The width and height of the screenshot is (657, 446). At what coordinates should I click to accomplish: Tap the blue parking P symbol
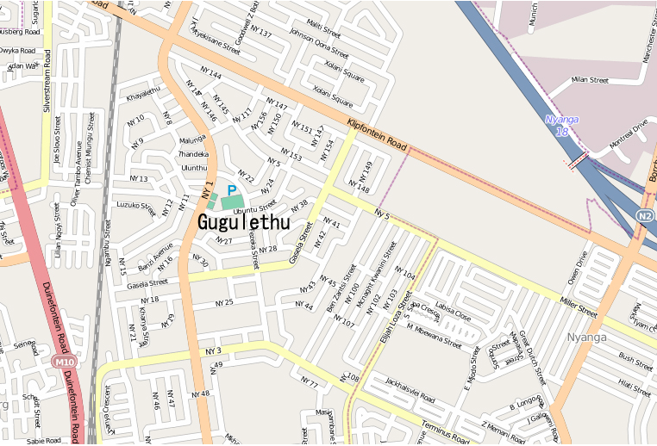231,190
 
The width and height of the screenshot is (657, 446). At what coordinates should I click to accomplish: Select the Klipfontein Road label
377,135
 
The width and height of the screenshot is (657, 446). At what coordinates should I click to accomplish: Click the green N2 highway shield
646,214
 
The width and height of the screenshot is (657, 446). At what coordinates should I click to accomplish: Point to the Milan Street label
591,80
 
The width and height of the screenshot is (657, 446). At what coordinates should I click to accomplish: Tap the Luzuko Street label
135,208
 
